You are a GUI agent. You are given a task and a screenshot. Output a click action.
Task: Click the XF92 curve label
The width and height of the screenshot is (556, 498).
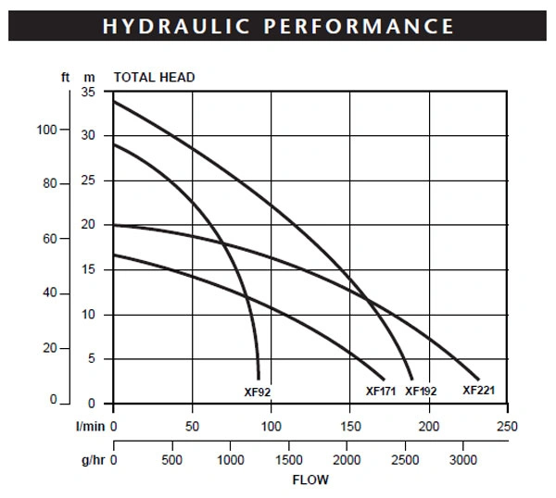(x=258, y=392)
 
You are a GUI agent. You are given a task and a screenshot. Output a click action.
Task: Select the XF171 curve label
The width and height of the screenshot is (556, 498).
(x=381, y=392)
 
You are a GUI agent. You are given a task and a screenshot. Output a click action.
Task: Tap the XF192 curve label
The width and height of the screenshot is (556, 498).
(x=421, y=392)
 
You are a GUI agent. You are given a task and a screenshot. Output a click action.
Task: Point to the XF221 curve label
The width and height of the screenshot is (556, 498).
(x=479, y=391)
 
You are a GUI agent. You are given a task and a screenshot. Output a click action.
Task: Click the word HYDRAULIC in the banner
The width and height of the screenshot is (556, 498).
(x=176, y=26)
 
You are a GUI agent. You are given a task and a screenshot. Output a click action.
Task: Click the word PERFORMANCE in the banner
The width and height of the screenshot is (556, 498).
(x=359, y=26)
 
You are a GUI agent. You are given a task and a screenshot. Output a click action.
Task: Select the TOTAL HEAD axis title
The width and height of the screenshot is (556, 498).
(x=154, y=77)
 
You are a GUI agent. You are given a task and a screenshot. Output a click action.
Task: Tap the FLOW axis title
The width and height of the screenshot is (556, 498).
(x=310, y=479)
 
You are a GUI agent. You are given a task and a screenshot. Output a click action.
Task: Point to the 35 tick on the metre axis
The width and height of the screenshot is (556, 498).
(x=88, y=92)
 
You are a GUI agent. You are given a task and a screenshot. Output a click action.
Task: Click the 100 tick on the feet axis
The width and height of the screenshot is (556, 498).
(x=47, y=130)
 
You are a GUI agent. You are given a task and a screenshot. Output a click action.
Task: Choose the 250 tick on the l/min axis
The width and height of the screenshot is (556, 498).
(x=507, y=427)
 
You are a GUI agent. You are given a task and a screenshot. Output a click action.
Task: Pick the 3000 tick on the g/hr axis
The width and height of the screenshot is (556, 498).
(x=463, y=460)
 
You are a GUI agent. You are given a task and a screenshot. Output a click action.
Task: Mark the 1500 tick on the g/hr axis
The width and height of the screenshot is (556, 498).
(x=289, y=460)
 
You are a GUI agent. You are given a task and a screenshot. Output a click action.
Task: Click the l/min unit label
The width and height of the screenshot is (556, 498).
(x=91, y=427)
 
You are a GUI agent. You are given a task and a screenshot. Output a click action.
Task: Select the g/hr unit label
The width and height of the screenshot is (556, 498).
(x=94, y=460)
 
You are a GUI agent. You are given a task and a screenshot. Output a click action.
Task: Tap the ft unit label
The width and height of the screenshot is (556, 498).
(x=65, y=77)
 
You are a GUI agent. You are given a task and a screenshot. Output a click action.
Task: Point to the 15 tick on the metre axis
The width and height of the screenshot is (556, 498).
(x=88, y=269)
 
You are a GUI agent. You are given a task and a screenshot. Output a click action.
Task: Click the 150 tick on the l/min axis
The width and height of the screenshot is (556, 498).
(x=350, y=427)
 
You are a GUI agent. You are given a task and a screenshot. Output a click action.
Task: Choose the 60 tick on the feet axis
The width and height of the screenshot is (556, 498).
(x=50, y=239)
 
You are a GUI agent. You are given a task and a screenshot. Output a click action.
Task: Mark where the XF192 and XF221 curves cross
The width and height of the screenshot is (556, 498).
(x=367, y=300)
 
